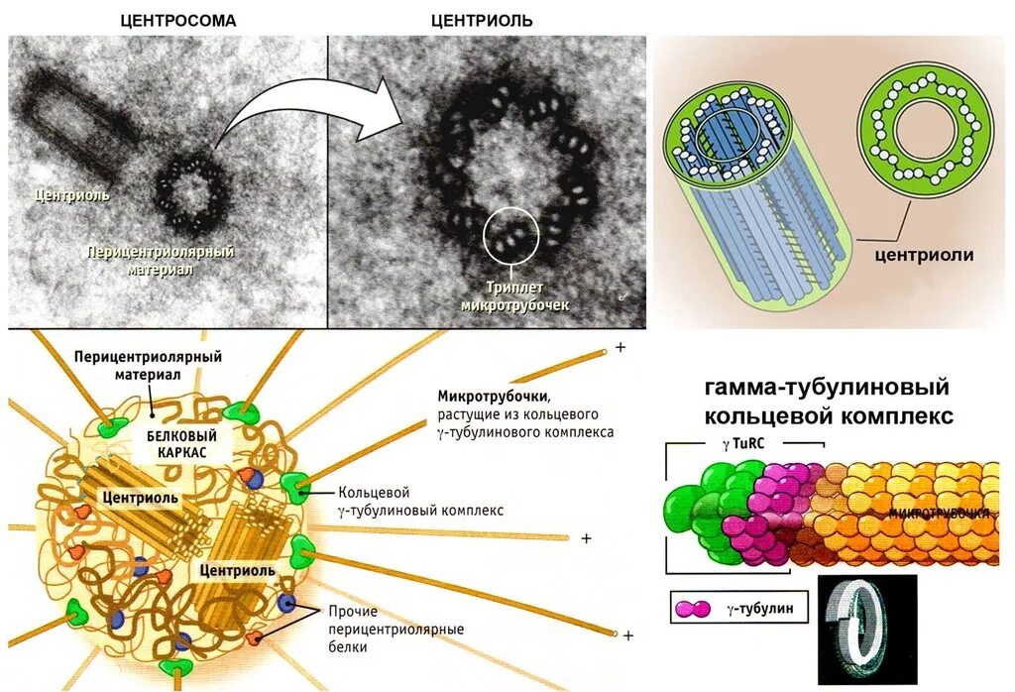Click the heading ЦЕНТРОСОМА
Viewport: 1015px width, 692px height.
click(177, 20)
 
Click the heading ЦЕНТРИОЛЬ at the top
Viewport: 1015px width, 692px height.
click(482, 20)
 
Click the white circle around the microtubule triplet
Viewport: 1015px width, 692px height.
click(511, 235)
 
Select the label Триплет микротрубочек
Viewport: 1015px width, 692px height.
click(515, 295)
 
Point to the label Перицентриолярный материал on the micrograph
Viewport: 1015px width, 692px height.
click(160, 260)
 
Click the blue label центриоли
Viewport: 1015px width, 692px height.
click(923, 255)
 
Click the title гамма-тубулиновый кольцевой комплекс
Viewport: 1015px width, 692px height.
click(828, 402)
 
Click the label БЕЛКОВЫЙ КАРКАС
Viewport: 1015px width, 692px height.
click(181, 441)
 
